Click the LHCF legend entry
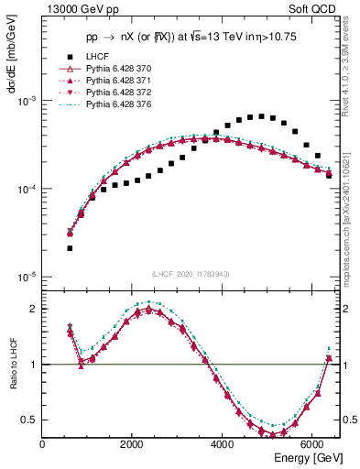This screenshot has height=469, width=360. [x=95, y=56]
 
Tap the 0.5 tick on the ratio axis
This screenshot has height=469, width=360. [x=32, y=420]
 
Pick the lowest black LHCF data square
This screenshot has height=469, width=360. [x=71, y=248]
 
